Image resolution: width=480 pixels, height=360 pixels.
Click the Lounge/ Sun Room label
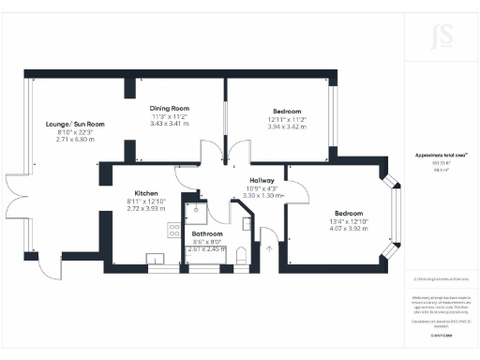[74, 124]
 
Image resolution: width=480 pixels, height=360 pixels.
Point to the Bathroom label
[206, 233]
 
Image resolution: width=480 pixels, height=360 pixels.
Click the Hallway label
[262, 180]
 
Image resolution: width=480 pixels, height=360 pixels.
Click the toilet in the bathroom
[241, 253]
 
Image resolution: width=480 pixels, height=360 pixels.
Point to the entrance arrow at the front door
[270, 249]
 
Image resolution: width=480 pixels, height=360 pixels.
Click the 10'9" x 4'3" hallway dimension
[262, 187]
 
